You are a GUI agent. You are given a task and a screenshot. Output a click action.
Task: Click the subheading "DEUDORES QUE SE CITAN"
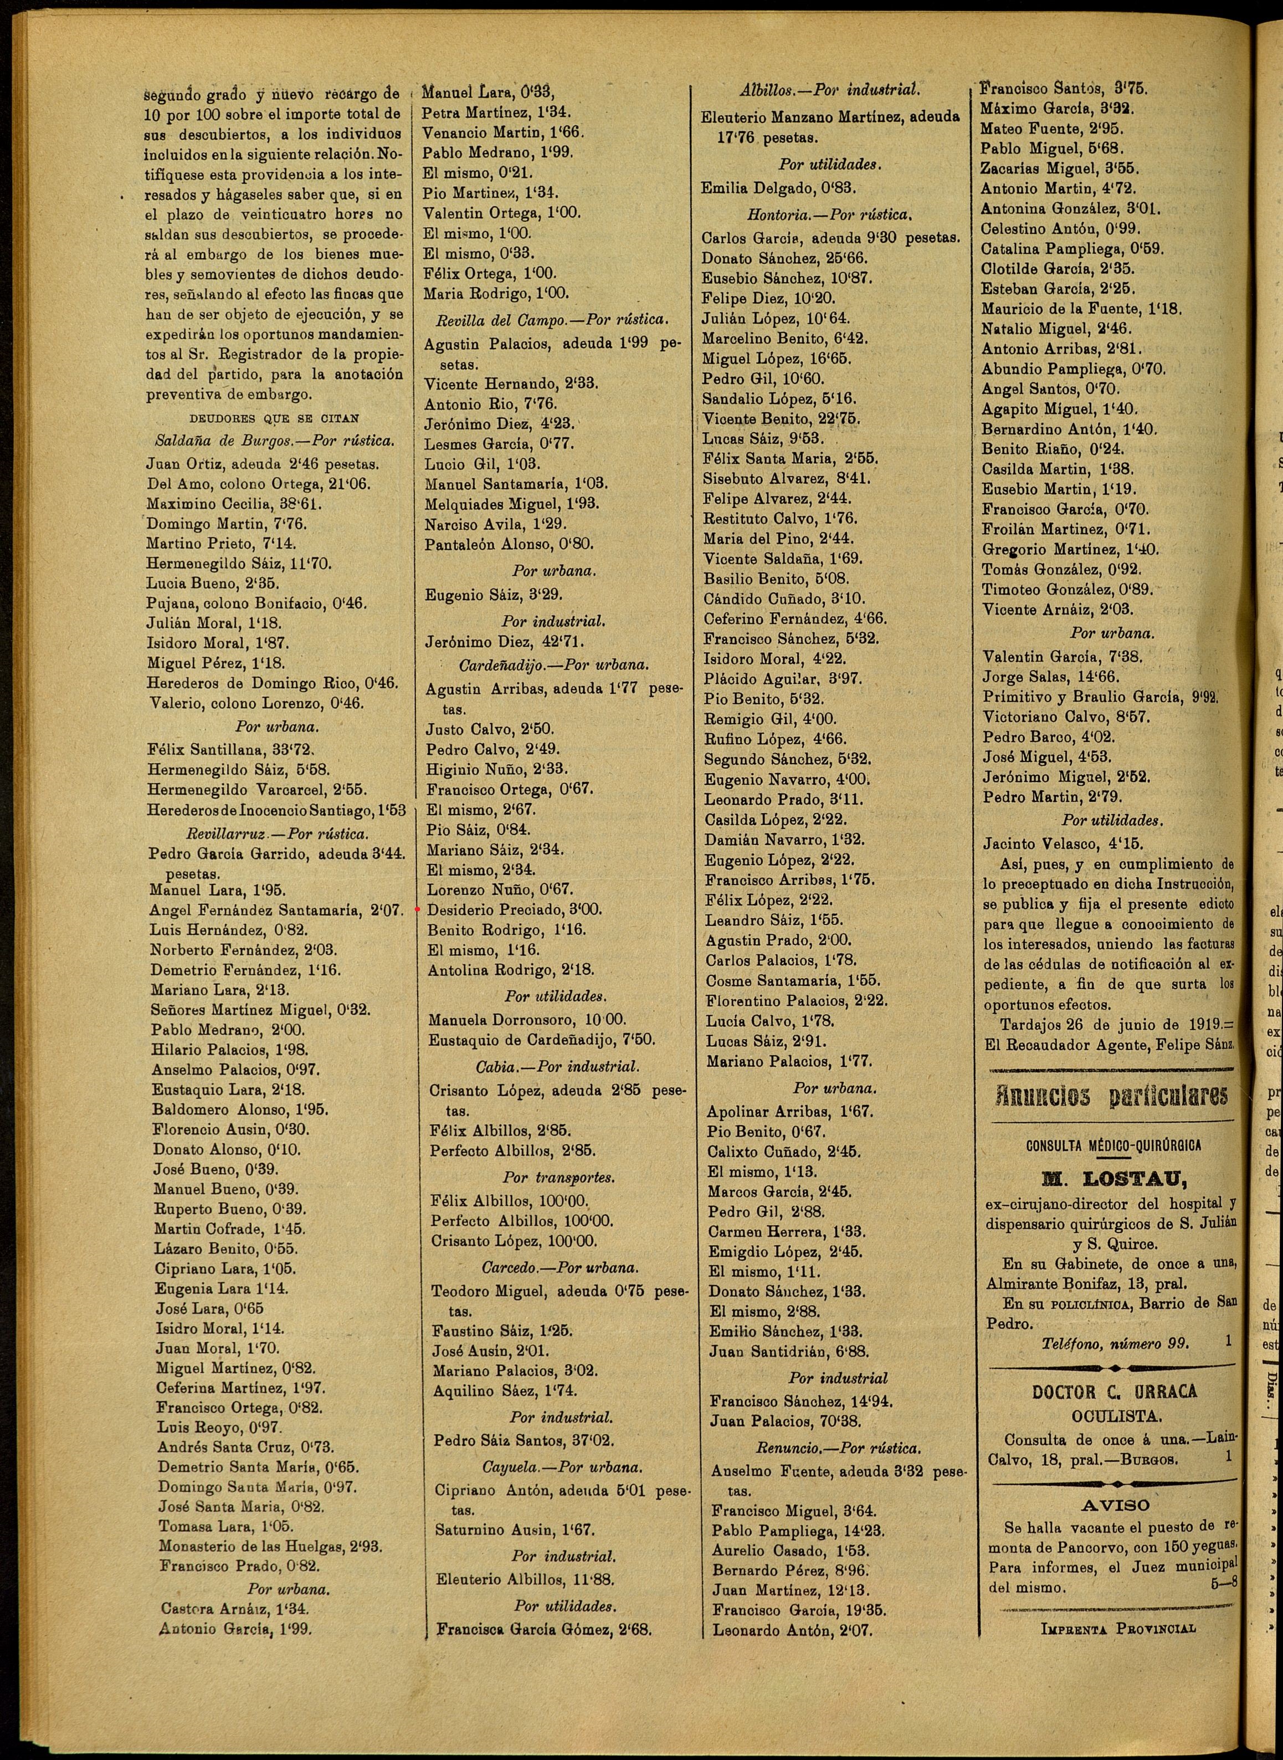pyautogui.click(x=274, y=418)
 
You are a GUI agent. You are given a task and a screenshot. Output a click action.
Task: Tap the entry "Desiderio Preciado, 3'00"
pyautogui.click(x=514, y=909)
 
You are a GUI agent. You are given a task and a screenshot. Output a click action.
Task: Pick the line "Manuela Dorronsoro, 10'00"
pyautogui.click(x=527, y=1019)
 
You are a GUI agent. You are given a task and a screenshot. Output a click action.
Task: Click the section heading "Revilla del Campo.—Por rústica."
pyautogui.click(x=552, y=319)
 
